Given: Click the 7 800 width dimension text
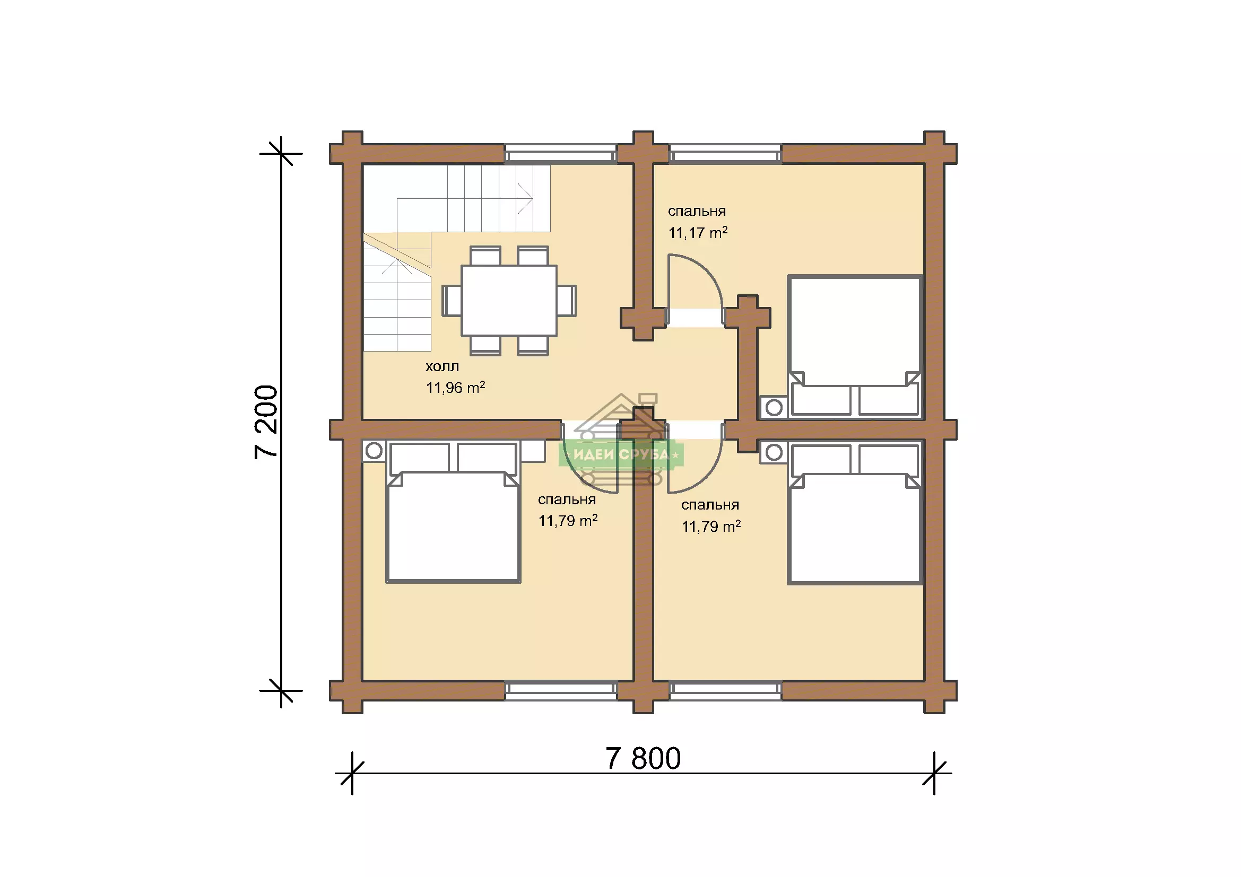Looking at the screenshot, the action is (643, 759).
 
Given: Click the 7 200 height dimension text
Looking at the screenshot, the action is (266, 422).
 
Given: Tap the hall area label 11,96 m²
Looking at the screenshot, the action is (455, 387).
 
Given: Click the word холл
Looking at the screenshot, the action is (442, 367).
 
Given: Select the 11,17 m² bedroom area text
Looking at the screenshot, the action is (698, 233).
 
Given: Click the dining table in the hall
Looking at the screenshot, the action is (509, 300).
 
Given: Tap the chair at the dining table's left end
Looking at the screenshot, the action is (452, 300).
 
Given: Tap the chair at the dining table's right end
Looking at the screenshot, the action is (567, 300).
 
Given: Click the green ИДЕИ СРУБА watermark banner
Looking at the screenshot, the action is (621, 454).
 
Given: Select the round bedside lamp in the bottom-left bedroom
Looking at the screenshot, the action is (374, 451).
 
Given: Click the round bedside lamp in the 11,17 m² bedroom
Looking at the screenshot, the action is (774, 407).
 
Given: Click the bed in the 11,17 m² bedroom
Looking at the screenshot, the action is (854, 346).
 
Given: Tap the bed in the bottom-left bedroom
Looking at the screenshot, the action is (453, 512).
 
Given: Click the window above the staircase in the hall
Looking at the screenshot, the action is (560, 154).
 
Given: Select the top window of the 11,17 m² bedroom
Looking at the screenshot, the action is (725, 154).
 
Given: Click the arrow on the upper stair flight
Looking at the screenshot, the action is (465, 199).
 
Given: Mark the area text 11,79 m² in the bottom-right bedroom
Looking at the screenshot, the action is (711, 527).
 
